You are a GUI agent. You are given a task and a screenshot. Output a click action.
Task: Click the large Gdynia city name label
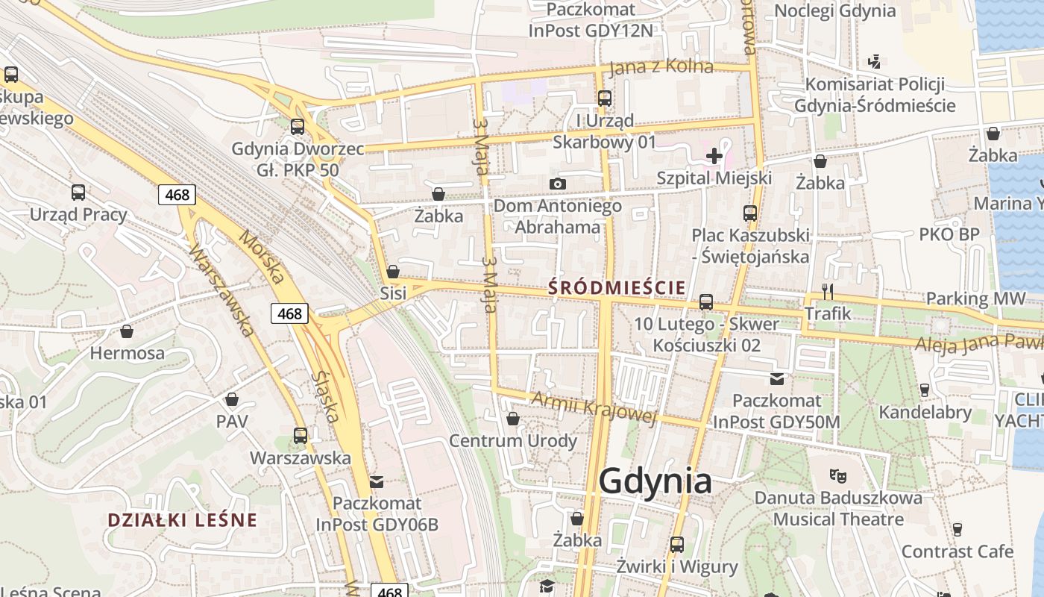coord(655,481)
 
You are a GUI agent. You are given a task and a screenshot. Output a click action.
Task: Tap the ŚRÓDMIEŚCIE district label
coord(617,287)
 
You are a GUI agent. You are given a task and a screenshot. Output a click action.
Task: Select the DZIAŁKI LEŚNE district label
coord(182,520)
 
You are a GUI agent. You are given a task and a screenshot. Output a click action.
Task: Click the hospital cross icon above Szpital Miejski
coord(714,156)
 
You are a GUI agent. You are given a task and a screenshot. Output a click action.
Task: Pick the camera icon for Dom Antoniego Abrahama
coord(557,184)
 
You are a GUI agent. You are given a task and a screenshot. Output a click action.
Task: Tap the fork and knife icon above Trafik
coord(827,291)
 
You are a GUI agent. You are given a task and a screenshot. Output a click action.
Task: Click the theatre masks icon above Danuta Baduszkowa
coord(837,475)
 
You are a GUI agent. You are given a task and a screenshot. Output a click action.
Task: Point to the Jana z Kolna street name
coord(661,67)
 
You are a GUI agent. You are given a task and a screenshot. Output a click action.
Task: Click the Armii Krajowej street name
coord(594,408)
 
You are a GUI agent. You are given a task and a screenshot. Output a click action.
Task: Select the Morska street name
coord(262,257)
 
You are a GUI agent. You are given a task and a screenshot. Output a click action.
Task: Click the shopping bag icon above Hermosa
coord(127,331)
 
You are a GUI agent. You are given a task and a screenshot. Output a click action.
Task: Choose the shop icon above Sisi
coord(393,271)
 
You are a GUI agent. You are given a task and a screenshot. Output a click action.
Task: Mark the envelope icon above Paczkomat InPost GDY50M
coord(777,379)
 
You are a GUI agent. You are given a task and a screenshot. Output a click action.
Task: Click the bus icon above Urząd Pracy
coord(78,193)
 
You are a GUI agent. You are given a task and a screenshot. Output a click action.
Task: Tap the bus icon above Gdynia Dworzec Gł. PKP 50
coord(298,127)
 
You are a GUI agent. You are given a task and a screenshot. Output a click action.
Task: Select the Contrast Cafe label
coord(957,551)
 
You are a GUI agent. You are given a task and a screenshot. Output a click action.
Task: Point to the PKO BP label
coord(949,234)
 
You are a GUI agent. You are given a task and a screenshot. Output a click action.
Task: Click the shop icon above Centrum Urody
coord(512,419)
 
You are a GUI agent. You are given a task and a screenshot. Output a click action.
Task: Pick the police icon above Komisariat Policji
coord(875,62)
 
